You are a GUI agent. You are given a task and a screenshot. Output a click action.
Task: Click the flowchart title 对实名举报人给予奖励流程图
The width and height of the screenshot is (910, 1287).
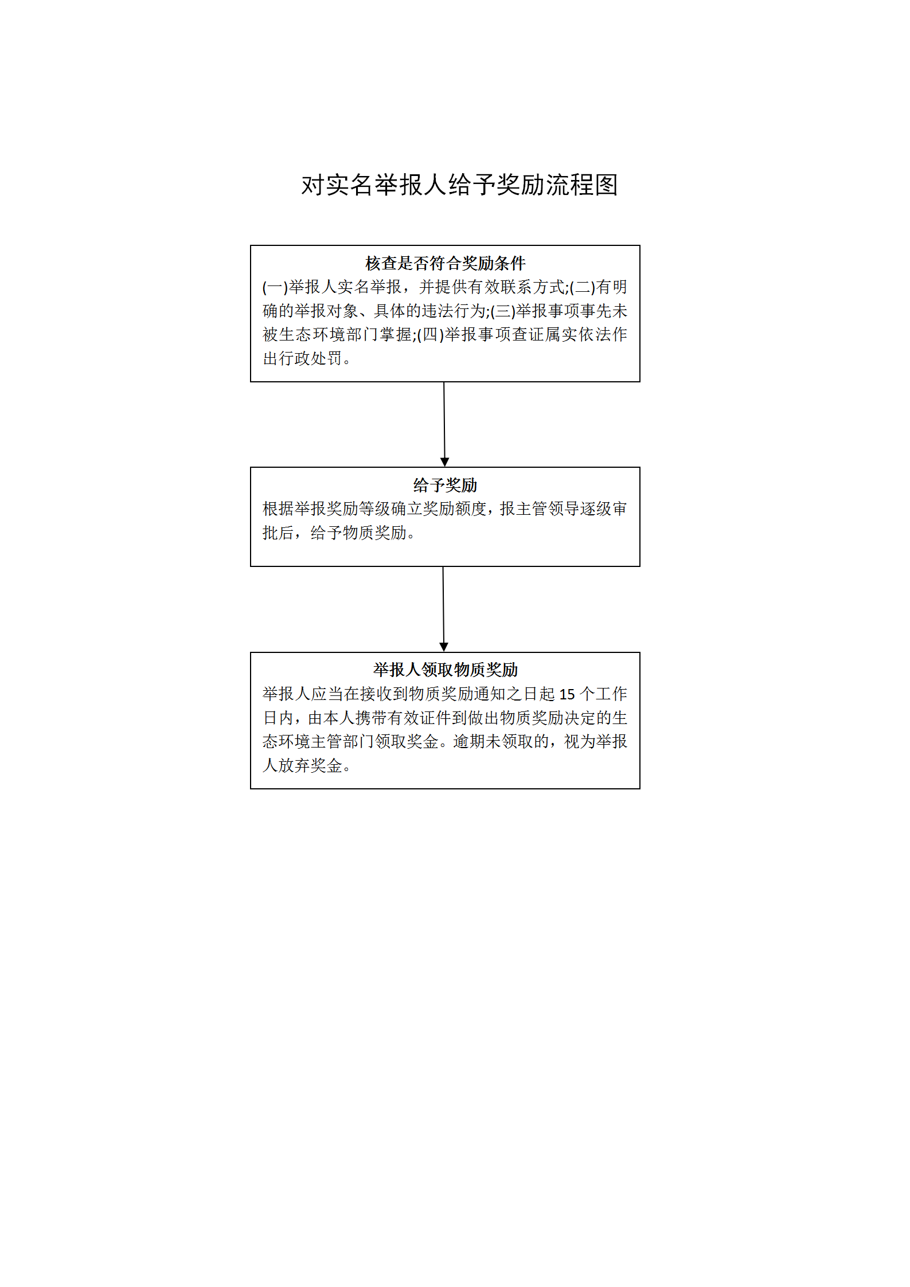point(459,185)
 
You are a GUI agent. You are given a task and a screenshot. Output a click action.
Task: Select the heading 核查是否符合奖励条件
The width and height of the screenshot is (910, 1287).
point(445,263)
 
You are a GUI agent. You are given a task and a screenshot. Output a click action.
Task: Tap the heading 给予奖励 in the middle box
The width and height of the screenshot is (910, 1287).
point(445,485)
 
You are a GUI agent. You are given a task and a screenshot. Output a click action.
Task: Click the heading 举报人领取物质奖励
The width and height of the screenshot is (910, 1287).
point(445,670)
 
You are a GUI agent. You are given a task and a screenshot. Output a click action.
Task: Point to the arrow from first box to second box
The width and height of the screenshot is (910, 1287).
point(444,424)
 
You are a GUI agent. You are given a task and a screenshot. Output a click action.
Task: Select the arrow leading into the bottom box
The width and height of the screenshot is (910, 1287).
point(443,609)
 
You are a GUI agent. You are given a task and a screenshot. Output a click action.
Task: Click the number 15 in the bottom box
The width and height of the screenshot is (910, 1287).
point(567,694)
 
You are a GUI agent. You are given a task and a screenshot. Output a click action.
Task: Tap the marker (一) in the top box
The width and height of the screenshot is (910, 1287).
point(275,287)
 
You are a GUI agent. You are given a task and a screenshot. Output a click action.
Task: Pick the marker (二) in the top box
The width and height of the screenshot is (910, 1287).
point(583,287)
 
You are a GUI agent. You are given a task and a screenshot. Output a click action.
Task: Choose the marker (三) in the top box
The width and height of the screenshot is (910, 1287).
point(503,311)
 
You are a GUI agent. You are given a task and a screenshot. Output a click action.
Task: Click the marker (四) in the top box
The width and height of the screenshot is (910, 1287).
point(431,335)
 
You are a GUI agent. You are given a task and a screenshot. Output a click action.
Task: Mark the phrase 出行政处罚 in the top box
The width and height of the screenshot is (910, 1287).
point(302,359)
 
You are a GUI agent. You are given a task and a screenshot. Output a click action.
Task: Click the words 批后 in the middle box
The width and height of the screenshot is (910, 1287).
point(278,533)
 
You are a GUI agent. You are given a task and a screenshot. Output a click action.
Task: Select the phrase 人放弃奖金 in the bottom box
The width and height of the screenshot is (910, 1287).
point(302,765)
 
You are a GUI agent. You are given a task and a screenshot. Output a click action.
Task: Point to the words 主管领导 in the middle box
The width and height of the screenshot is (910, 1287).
point(548,509)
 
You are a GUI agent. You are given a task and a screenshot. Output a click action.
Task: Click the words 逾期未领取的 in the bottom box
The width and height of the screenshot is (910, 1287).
point(501,742)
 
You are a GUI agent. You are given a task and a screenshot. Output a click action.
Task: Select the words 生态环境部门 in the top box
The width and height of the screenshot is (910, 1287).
point(326,335)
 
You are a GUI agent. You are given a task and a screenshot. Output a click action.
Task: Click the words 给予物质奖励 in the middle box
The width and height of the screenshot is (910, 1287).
point(358,533)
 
